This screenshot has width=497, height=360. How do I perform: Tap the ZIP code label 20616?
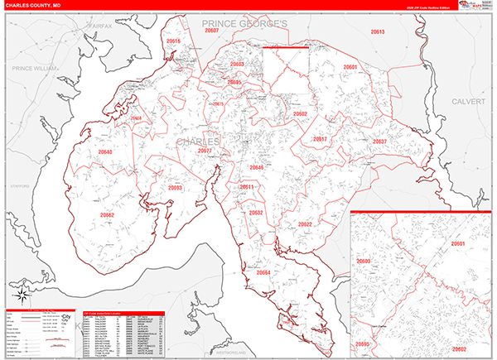tap(173, 41)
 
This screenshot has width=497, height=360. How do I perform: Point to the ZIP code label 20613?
tap(378, 31)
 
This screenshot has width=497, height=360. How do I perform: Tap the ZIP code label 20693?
tap(175, 188)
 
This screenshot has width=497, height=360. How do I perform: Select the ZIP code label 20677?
tap(205, 151)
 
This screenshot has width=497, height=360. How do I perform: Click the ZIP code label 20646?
tap(256, 167)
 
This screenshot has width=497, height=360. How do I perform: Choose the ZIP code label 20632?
tap(255, 213)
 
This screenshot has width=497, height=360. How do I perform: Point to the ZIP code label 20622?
tap(305, 224)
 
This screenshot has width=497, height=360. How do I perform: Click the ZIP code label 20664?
tap(263, 272)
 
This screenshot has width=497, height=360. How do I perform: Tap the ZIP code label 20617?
tap(321, 139)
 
